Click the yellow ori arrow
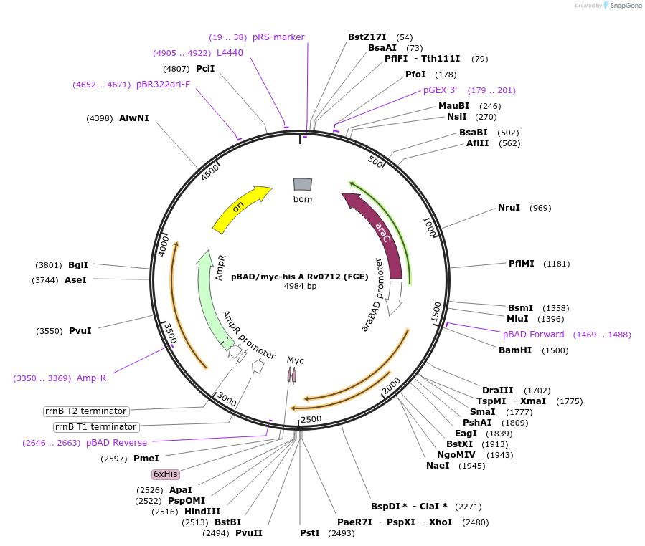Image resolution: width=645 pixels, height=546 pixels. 240,209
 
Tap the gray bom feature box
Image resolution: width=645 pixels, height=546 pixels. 303,185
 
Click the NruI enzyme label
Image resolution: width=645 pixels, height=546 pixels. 509,208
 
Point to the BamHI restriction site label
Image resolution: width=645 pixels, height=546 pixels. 515,350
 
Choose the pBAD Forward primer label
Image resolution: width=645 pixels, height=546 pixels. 533,335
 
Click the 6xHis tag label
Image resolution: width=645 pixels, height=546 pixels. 165,474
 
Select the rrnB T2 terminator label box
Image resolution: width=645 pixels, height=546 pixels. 86,411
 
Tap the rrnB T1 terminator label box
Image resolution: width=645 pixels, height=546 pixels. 95,427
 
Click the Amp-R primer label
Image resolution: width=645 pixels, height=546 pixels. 91,378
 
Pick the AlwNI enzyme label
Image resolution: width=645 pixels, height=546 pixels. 134,118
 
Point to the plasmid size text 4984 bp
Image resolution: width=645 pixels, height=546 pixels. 300,286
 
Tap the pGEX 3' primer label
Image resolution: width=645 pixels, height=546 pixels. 440,90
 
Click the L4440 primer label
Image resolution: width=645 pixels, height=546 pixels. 230,52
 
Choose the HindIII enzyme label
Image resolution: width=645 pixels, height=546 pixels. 202,511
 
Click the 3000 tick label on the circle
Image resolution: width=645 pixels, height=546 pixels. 226,398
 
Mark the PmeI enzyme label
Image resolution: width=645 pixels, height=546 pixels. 146,458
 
